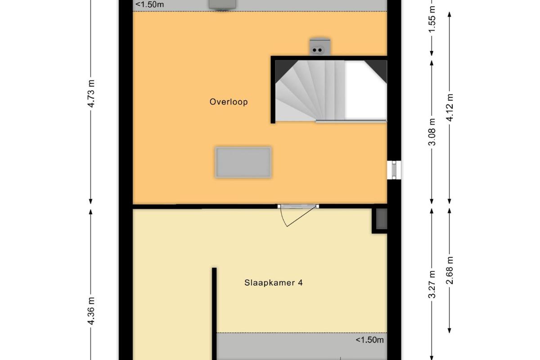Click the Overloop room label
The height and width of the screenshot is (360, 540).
229,102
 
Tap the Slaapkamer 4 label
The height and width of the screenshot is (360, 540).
274,283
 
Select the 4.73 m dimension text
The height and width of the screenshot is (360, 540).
91,94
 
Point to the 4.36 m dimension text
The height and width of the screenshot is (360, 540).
91,311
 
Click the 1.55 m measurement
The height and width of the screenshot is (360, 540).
432,19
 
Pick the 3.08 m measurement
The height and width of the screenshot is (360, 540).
432,132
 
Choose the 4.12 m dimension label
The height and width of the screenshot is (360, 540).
450,107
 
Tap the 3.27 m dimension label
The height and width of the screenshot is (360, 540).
432,284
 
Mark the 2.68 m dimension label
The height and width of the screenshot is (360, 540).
450,270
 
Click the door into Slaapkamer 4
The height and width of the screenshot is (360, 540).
298,215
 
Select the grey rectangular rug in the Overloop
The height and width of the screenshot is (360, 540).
243,162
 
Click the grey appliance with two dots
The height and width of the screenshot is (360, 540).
320,47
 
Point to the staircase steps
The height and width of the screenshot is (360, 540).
310,90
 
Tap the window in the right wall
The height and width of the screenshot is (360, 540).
394,170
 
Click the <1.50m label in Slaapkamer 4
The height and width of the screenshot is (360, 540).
369,340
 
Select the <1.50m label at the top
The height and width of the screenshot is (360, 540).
149,4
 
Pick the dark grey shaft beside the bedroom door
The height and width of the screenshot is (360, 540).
382,219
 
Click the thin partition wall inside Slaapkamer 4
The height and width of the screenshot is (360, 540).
214,314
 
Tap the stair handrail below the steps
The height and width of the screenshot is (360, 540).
351,121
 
